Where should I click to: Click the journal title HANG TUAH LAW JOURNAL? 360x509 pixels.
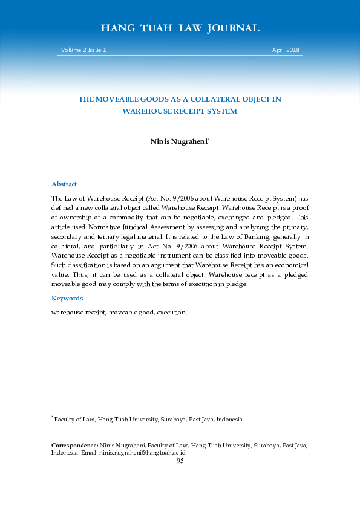click(x=180, y=28)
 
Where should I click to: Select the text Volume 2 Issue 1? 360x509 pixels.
click(x=83, y=50)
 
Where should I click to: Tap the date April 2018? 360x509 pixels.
click(x=286, y=50)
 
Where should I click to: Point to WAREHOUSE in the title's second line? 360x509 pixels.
click(x=148, y=111)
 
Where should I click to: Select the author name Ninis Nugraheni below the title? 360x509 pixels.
click(x=178, y=141)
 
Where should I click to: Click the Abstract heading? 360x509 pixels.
click(x=64, y=184)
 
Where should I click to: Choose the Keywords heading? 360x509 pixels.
click(x=67, y=298)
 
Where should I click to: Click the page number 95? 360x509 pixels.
click(x=180, y=461)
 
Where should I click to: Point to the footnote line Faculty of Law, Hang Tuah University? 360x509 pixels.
click(x=148, y=419)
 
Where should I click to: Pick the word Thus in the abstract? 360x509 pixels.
click(x=61, y=274)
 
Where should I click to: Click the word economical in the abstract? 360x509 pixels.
click(x=290, y=265)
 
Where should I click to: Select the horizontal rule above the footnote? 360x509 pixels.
click(x=95, y=412)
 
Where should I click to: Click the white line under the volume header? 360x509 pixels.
click(x=180, y=56)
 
